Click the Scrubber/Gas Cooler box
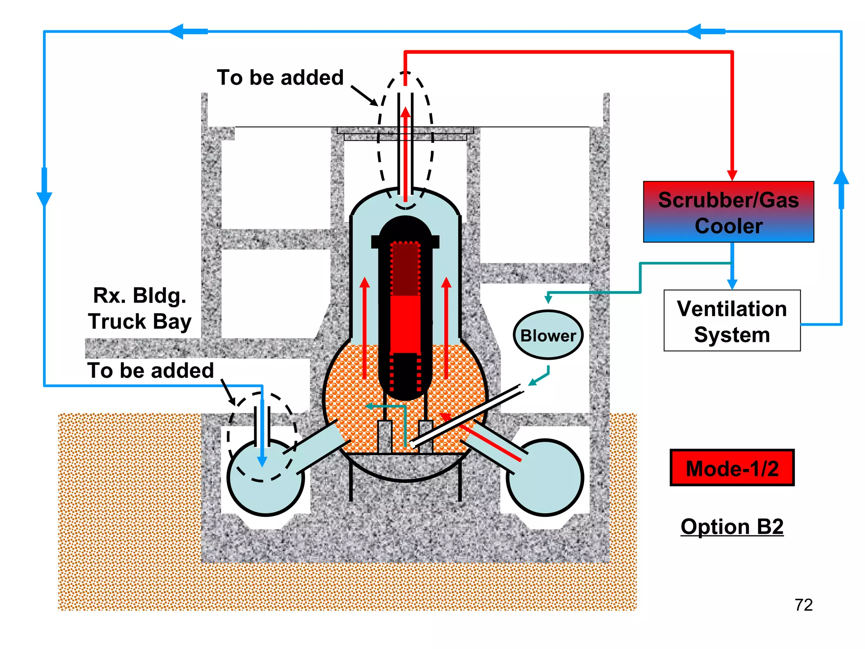(728, 212)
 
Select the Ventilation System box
(732, 321)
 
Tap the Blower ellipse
(548, 335)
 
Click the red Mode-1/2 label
(732, 468)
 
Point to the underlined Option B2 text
(732, 526)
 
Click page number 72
(803, 605)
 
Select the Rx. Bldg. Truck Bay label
(139, 308)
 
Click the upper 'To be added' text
(280, 78)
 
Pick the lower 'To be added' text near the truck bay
(150, 371)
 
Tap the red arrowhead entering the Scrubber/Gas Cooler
(732, 175)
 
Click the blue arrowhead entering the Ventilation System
(732, 284)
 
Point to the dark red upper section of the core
(405, 269)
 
